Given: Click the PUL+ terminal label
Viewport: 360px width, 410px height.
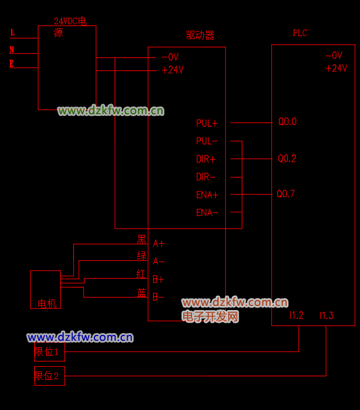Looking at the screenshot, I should (x=207, y=124).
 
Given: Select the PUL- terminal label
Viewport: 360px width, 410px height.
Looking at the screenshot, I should (x=207, y=141).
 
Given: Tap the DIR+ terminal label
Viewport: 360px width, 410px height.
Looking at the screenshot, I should (x=206, y=159).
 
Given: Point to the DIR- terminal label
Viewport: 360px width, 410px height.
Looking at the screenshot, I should (x=206, y=177).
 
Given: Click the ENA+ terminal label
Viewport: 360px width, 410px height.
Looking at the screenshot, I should (x=207, y=195).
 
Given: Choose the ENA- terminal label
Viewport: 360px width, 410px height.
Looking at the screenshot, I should (x=207, y=212).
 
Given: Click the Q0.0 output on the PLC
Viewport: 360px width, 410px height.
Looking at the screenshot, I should (x=287, y=122).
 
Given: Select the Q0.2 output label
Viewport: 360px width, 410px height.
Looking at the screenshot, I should (x=287, y=159).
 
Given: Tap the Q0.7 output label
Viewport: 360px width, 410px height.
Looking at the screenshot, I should (x=286, y=194).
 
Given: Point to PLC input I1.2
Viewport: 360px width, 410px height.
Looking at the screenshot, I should (x=297, y=316).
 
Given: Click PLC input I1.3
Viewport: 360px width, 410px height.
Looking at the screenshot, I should (x=326, y=316).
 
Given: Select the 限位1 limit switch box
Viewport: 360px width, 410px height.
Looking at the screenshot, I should (x=49, y=352).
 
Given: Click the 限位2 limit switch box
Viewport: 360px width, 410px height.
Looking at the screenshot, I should (x=49, y=376).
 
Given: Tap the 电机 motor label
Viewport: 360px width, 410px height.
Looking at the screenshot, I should (x=47, y=304).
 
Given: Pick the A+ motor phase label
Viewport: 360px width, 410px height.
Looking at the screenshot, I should (x=159, y=243).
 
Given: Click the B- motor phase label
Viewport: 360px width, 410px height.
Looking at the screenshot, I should (x=158, y=297).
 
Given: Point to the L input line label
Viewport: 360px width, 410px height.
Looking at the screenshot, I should (x=12, y=33).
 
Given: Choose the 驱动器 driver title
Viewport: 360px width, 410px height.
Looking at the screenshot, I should (x=200, y=35).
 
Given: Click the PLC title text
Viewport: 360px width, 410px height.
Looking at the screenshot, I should (x=300, y=34).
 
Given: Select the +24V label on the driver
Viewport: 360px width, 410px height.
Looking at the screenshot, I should (x=173, y=70).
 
